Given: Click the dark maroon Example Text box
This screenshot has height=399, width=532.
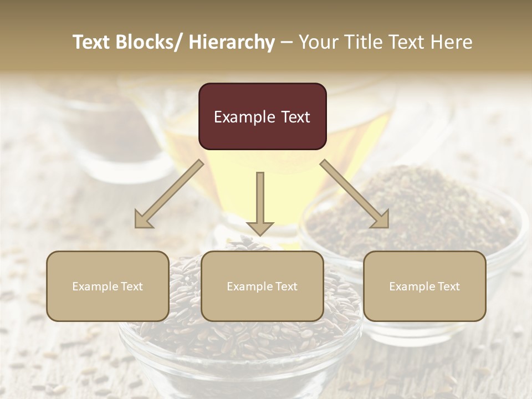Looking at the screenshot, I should [x=262, y=116].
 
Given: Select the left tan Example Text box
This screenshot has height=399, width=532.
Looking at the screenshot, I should [x=108, y=286].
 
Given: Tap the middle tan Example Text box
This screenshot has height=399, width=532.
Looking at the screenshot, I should [x=262, y=286].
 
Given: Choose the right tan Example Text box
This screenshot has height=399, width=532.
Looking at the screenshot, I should [x=424, y=286].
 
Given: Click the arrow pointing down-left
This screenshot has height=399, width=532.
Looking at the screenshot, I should [x=169, y=194].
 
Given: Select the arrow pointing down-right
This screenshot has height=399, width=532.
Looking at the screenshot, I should [x=355, y=194].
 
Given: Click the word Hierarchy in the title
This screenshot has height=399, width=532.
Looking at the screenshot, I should [x=232, y=42].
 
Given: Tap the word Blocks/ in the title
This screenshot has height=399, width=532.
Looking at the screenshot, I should [x=149, y=42].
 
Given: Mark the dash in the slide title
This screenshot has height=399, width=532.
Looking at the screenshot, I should [x=287, y=42].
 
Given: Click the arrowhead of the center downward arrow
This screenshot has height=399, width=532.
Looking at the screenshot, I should [x=260, y=227].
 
